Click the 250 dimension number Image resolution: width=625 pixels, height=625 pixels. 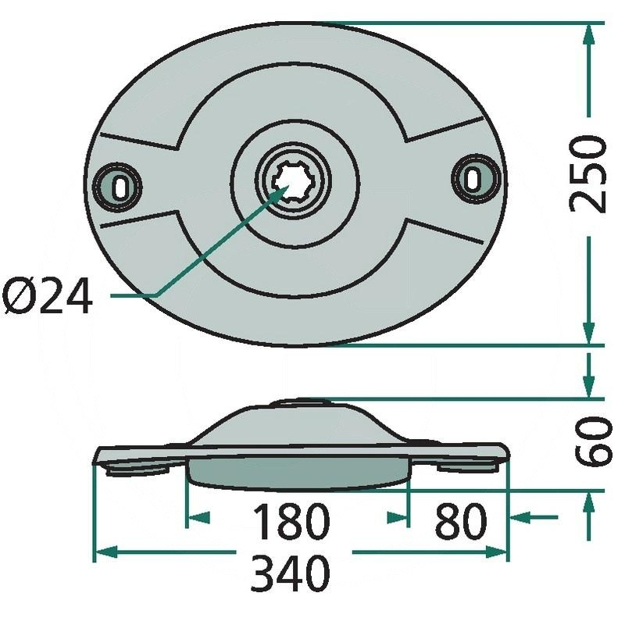pyautogui.click(x=587, y=174)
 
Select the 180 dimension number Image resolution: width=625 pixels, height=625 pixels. pyautogui.click(x=291, y=521)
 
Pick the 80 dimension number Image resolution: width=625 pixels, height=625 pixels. pyautogui.click(x=461, y=521)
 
